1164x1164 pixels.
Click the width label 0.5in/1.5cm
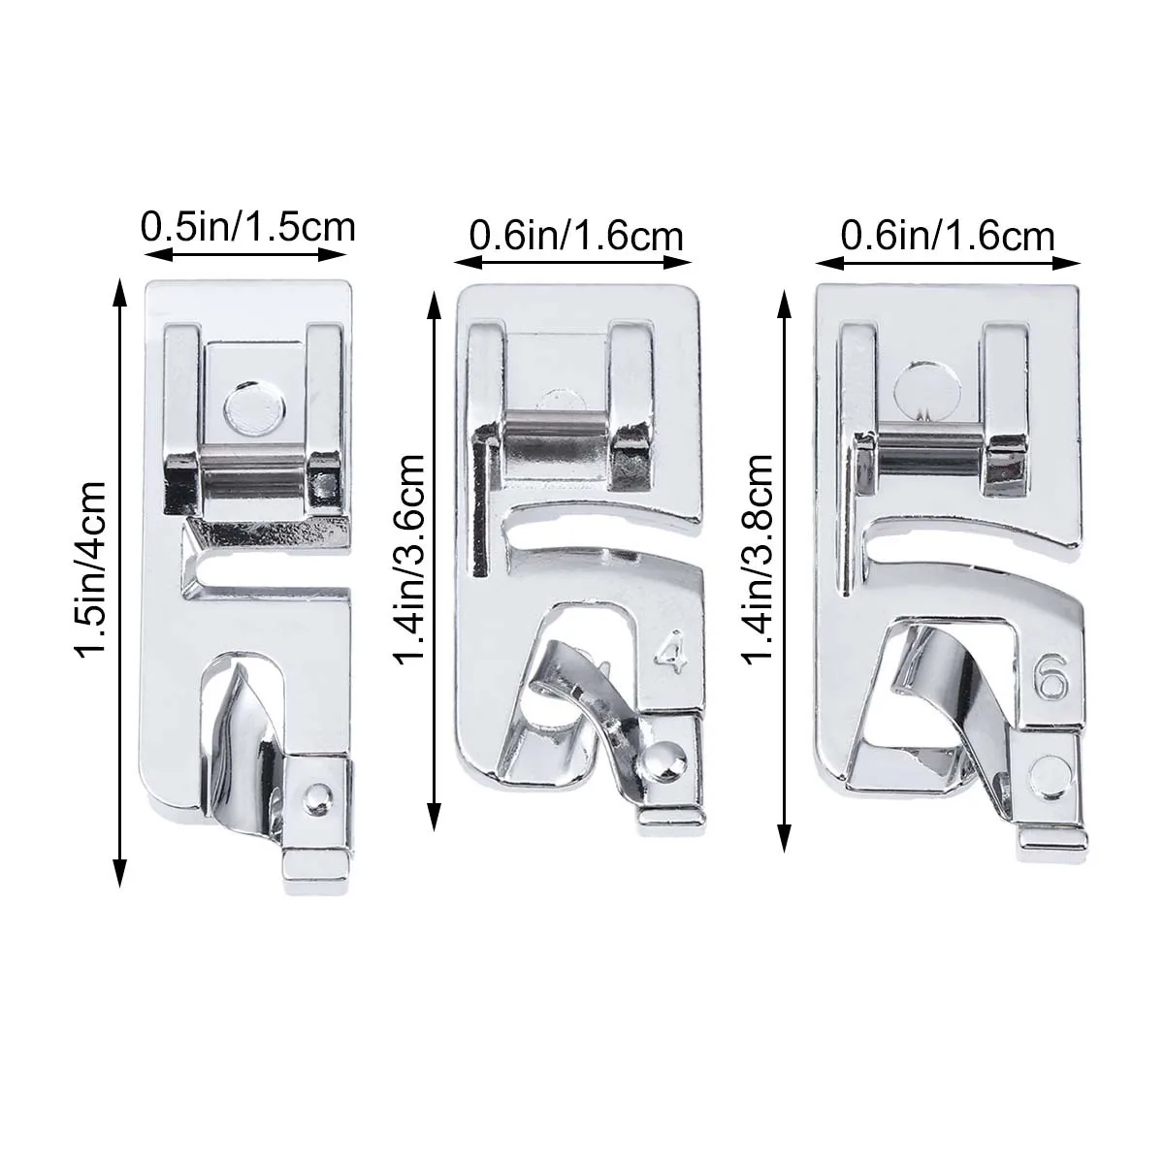click(248, 228)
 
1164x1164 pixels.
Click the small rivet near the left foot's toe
click(313, 794)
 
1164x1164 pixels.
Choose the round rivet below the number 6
click(1049, 772)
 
